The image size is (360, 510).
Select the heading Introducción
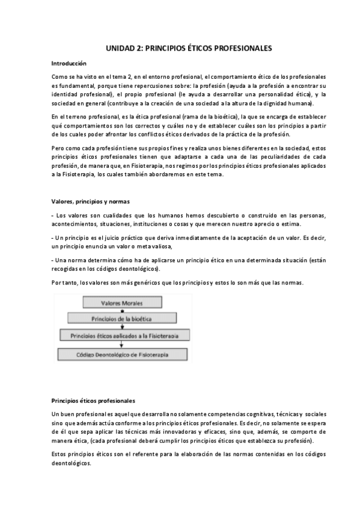click(69, 63)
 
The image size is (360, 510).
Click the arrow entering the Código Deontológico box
click(122, 345)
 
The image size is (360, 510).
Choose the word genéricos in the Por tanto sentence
click(138, 282)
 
